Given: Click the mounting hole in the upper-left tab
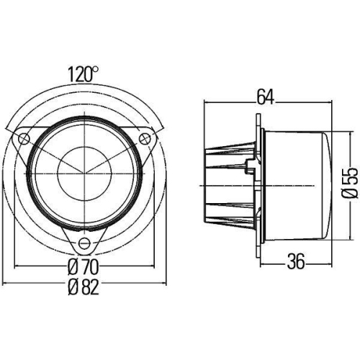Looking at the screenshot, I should pyautogui.click(x=25, y=138).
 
